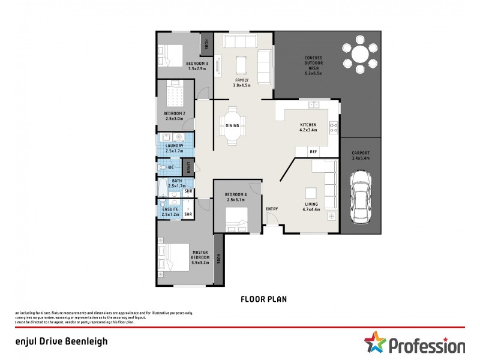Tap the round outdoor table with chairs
tap(360, 55)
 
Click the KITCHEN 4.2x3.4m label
tap(308, 127)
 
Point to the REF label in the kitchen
tap(313, 152)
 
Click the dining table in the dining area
tap(232, 125)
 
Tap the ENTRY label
tap(272, 209)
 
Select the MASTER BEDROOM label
tap(200, 257)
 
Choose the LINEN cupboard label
tap(188, 167)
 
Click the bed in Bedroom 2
tap(176, 95)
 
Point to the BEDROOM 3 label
tap(197, 66)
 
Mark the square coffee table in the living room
tap(310, 193)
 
